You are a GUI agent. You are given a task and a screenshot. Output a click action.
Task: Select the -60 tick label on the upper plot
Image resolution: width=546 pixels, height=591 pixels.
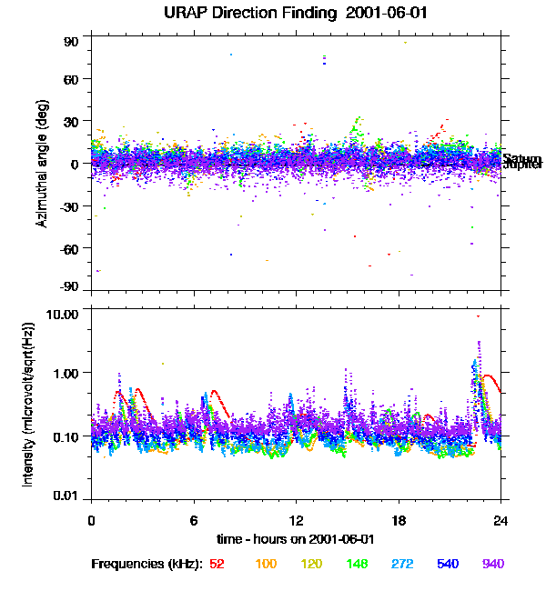point(69,247)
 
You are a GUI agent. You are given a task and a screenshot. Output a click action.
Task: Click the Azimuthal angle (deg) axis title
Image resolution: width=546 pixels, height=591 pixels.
point(43,165)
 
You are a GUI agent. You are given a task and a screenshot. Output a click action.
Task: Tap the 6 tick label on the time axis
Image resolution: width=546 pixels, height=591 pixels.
point(194,521)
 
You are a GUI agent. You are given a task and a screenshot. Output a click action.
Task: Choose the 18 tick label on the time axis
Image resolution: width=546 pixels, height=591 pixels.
point(398,521)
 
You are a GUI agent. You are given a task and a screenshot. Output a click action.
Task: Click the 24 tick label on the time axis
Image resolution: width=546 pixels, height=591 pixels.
point(500,521)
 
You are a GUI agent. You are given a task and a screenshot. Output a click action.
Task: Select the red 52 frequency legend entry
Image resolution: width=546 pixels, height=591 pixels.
point(217,564)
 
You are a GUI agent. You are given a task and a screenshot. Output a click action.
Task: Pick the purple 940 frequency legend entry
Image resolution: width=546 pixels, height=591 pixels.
point(492,564)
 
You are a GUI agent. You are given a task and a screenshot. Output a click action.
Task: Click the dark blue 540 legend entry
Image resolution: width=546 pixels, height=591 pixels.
point(447,564)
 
